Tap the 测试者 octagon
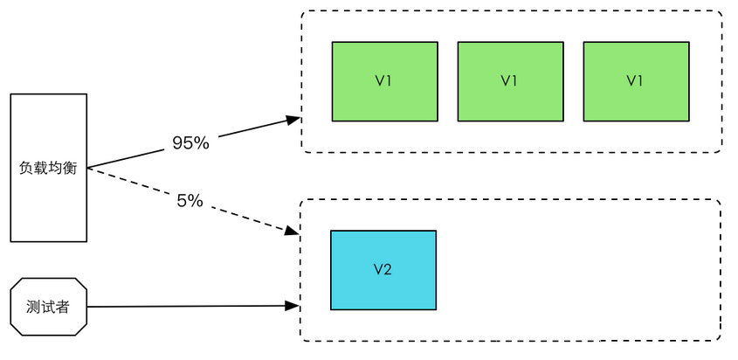click(x=48, y=306)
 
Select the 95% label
click(x=190, y=143)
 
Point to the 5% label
click(x=190, y=200)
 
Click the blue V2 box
click(x=383, y=269)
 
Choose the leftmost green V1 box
click(x=384, y=80)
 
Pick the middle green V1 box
click(x=510, y=80)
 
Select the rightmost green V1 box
click(x=635, y=80)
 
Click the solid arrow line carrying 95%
click(x=253, y=128)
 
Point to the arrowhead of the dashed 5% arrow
click(x=293, y=232)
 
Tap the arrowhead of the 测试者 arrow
click(x=294, y=306)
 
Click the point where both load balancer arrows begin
click(x=88, y=168)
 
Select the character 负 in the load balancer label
click(x=25, y=168)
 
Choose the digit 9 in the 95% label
click(x=177, y=143)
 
